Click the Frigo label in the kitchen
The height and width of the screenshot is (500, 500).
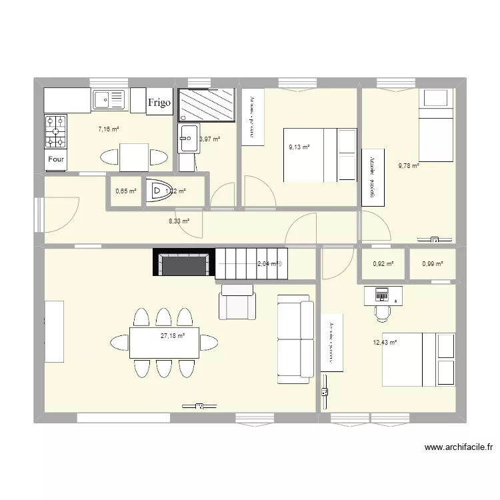[159, 102]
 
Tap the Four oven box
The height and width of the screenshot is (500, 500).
[56, 159]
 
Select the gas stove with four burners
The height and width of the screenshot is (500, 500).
[56, 131]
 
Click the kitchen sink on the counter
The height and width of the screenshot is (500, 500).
[109, 100]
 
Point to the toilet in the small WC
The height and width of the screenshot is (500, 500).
[161, 192]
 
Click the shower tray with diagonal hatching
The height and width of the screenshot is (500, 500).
[207, 105]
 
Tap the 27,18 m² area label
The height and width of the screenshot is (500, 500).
[172, 336]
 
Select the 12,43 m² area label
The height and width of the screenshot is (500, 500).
[385, 343]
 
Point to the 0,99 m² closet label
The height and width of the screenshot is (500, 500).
[432, 264]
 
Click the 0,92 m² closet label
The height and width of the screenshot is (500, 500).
[383, 264]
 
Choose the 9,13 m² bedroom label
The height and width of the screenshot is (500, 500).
[299, 148]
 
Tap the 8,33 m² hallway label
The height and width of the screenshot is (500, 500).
[178, 221]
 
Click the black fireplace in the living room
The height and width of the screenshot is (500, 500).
[184, 263]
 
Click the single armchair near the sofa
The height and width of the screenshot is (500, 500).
[237, 301]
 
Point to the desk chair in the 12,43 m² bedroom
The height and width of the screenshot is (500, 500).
[382, 312]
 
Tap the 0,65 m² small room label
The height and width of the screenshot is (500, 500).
[125, 191]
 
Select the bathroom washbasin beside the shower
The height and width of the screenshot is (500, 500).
[187, 139]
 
